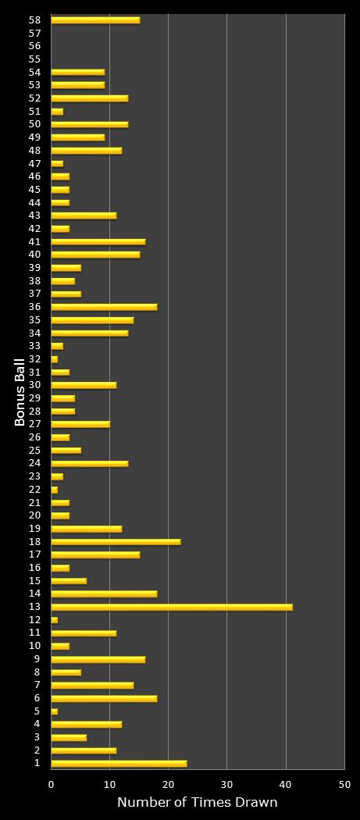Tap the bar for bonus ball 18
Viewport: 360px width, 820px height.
116,542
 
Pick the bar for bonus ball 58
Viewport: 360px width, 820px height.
95,20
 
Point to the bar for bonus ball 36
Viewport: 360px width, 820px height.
104,307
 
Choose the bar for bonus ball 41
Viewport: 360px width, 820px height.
98,241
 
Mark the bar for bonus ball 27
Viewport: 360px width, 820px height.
80,424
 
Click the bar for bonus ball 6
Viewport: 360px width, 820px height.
104,698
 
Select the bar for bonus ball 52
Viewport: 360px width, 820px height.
89,98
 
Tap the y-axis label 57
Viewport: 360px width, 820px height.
34,33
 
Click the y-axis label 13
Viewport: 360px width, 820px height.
34,607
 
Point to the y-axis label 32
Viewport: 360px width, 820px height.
34,359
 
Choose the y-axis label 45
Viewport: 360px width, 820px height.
34,190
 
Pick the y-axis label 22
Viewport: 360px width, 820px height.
34,490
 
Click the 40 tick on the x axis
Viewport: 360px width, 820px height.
286,783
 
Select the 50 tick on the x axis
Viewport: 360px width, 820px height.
344,783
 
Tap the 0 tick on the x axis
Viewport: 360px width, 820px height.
52,783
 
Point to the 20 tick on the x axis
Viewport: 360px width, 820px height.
168,783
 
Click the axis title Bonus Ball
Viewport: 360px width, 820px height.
20,390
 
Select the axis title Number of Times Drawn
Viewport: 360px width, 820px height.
197,802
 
